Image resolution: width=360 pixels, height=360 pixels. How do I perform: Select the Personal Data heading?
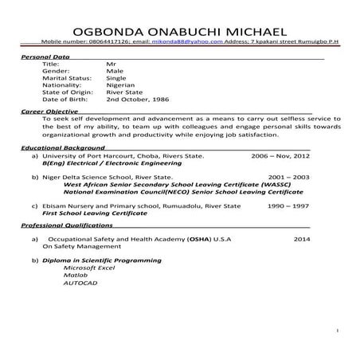[45, 59]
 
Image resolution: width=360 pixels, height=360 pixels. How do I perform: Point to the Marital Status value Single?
[117, 80]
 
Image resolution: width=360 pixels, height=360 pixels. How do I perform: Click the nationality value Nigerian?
[120, 86]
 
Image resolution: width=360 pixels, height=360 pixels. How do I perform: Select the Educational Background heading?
[61, 149]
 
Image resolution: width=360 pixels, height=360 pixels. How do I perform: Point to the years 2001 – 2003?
[290, 177]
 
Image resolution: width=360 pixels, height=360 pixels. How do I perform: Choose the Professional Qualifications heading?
[65, 225]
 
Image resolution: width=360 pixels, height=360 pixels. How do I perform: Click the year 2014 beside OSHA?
[301, 239]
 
